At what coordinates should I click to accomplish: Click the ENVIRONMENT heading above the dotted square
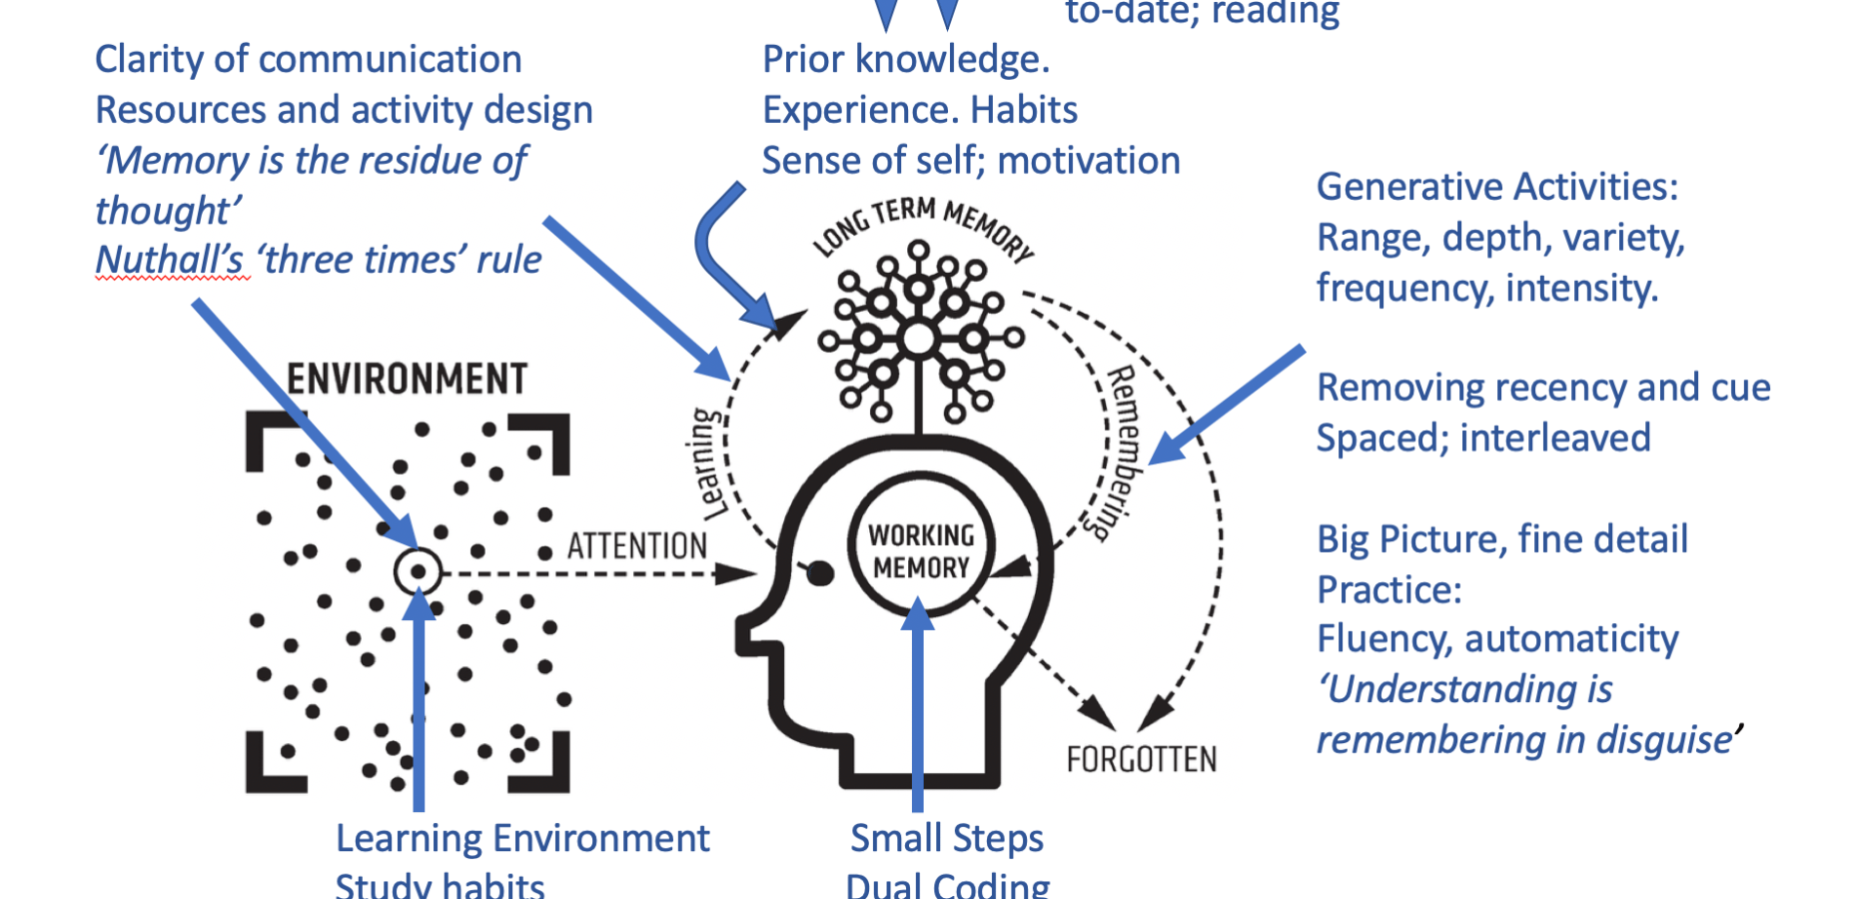[x=407, y=380]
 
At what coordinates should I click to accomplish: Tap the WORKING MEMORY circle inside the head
[x=921, y=551]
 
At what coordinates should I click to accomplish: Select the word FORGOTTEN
[x=1141, y=760]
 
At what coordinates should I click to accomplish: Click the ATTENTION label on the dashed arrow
[x=637, y=546]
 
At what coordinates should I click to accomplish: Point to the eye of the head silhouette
[x=819, y=573]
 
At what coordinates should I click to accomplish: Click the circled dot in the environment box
[x=418, y=572]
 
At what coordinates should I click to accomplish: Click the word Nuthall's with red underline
[x=169, y=260]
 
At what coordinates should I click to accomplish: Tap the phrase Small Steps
[x=946, y=838]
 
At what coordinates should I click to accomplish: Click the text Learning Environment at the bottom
[x=521, y=838]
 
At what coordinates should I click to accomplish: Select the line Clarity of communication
[x=308, y=60]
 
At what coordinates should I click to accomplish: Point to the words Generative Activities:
[x=1496, y=187]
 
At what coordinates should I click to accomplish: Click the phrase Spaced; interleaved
[x=1482, y=439]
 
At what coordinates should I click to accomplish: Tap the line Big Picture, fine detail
[x=1501, y=539]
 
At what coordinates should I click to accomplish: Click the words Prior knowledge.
[x=905, y=60]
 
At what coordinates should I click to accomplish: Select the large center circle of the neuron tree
[x=918, y=340]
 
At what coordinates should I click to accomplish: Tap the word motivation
[x=1088, y=161]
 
